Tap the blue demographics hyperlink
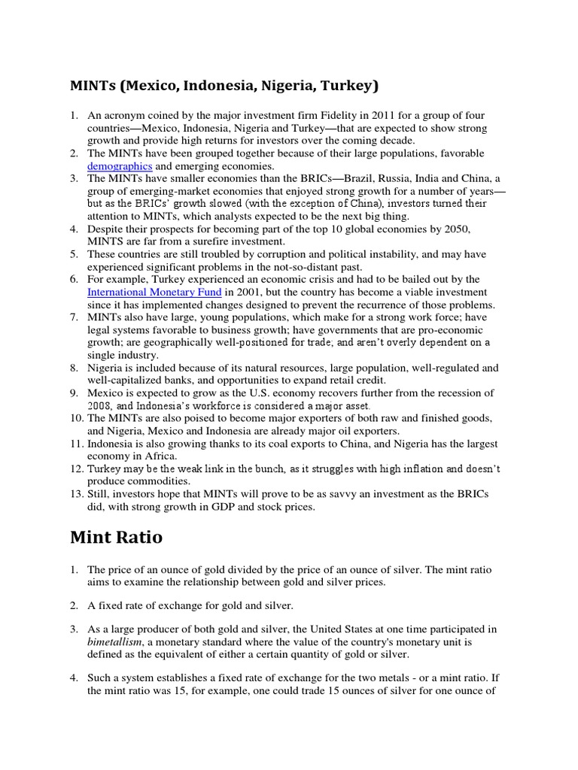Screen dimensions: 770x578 point(120,165)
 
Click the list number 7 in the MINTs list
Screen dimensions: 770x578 point(74,317)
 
